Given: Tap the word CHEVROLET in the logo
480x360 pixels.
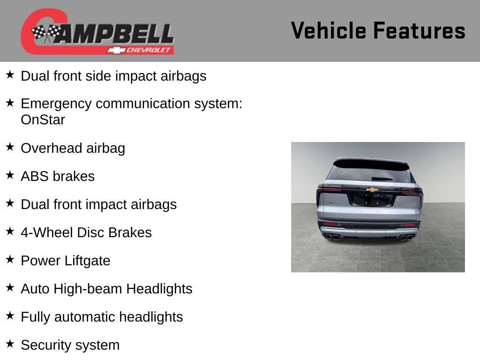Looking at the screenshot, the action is tap(149, 50).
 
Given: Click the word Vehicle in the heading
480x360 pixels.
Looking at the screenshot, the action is tap(329, 30).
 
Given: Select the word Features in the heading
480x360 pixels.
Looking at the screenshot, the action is tap(420, 30).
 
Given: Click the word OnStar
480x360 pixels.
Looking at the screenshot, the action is tap(43, 120).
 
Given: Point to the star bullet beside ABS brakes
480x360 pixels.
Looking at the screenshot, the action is tap(10, 175).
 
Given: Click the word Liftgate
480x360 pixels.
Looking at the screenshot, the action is tap(87, 261).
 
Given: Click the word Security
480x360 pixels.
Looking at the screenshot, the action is tap(46, 345).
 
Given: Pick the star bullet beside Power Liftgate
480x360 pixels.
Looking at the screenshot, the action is tap(10, 260).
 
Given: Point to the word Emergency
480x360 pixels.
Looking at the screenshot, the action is tap(56, 104).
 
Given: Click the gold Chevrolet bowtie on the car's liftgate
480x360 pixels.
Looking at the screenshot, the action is tap(372, 190).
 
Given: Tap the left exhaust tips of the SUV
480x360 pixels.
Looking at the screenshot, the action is tap(332, 237).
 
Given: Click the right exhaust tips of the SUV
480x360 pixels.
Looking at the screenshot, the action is tap(406, 237).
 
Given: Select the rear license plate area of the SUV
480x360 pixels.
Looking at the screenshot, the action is tap(371, 199).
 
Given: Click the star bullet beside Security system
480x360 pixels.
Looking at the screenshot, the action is tap(10, 344).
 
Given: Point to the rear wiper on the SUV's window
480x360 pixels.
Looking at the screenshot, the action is tap(382, 179).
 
